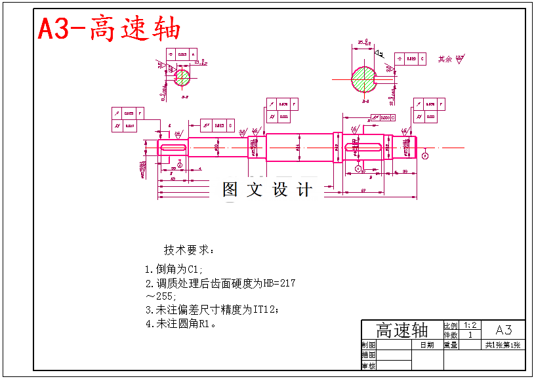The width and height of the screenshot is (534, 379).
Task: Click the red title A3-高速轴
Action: (x=109, y=28)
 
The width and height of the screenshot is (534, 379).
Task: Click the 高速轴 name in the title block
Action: (x=401, y=330)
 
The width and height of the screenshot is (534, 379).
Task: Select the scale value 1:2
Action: (x=470, y=325)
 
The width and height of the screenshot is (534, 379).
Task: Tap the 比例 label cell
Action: (x=451, y=325)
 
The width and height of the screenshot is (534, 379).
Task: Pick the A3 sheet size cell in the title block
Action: (x=503, y=330)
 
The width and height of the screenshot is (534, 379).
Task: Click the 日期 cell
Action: (x=426, y=344)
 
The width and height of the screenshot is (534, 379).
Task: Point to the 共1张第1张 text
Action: (x=503, y=345)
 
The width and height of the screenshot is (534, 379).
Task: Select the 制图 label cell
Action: (x=369, y=344)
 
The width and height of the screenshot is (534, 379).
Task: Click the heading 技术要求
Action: (x=188, y=250)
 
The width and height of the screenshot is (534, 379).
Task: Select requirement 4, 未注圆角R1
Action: (x=182, y=323)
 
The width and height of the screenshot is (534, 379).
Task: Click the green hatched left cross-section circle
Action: (x=182, y=77)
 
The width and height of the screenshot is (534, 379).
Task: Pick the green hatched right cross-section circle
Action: (x=365, y=79)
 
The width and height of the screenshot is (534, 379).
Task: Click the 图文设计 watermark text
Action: (x=267, y=190)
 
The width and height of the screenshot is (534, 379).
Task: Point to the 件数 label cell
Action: (x=451, y=335)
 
